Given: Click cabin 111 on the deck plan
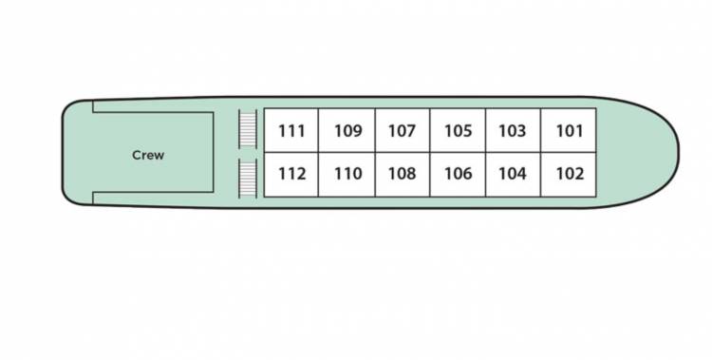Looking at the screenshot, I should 291,131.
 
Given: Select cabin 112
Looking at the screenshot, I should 291,174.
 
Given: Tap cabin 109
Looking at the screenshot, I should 347,131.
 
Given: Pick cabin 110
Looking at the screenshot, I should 347,174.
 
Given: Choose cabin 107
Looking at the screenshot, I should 403,131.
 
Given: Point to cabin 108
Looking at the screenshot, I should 403,174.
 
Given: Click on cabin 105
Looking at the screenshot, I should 458,131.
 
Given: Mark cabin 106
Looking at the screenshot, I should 458,174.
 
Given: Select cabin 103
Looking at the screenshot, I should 513,131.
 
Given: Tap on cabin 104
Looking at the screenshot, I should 513,174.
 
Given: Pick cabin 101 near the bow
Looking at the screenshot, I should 569,131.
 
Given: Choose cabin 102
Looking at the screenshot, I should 569,174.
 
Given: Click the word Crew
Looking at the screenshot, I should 148,155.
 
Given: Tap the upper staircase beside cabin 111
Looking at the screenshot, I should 248,129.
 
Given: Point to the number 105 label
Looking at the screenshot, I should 458,131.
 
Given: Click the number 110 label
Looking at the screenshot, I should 347,174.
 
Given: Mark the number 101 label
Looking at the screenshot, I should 569,131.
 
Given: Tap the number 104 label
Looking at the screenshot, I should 513,174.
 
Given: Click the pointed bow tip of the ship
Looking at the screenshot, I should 677,152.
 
